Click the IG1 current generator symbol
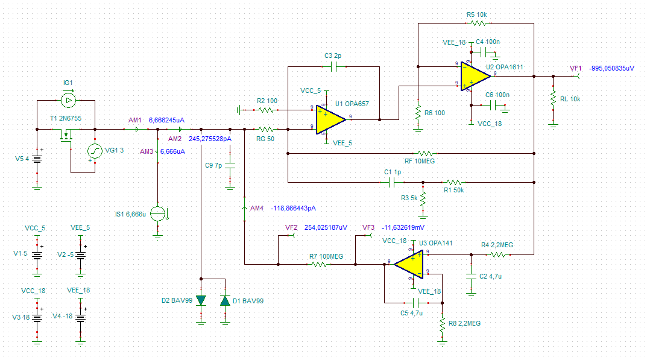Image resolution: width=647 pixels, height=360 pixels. (68, 99)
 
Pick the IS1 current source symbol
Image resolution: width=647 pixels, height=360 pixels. (157, 213)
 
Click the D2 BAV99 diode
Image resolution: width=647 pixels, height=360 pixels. (201, 300)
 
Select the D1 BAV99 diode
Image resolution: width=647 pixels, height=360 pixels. (225, 300)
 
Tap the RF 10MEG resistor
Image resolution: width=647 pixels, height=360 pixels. (426, 154)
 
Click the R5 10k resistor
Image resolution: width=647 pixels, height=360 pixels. (478, 23)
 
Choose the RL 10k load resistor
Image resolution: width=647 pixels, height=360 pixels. (552, 98)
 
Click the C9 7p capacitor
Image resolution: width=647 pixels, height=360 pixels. (230, 165)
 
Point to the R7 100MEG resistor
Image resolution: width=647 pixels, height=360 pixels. (317, 264)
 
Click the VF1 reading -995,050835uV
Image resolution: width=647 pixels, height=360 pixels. (611, 68)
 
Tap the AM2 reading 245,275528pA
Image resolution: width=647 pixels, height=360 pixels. (210, 138)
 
